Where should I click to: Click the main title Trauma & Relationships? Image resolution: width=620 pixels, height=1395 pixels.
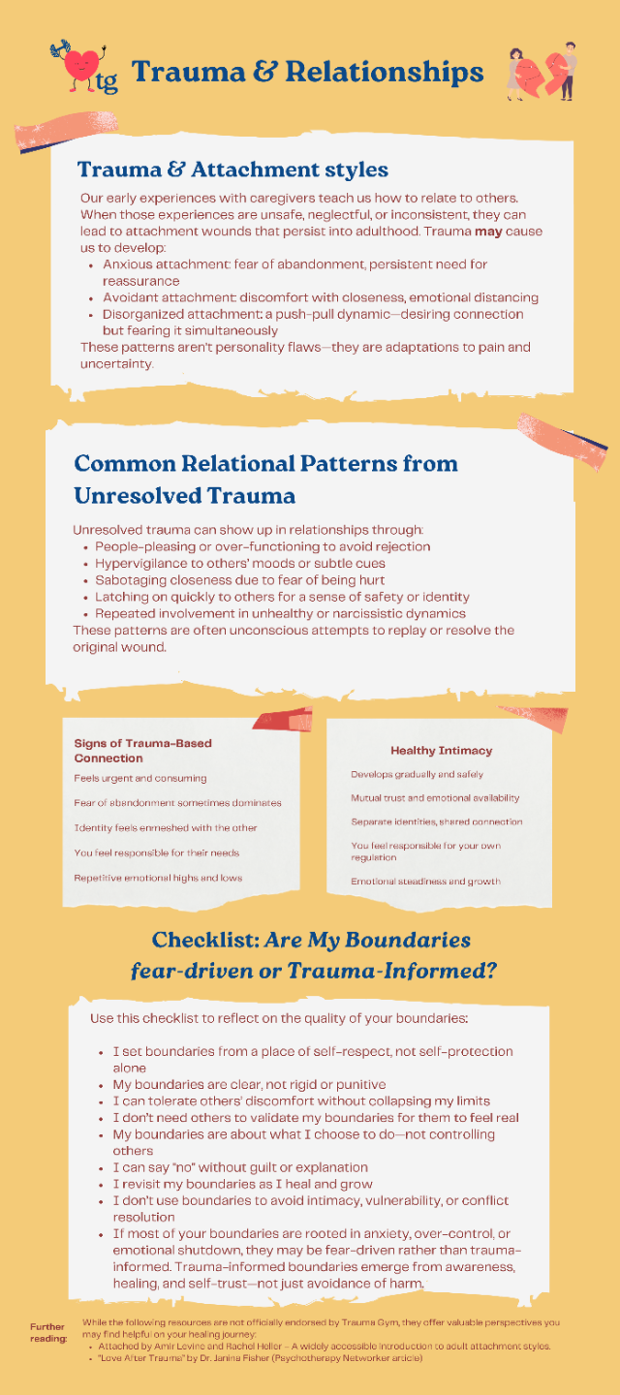coord(307,72)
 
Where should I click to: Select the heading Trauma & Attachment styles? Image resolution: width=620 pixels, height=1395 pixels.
coord(232,170)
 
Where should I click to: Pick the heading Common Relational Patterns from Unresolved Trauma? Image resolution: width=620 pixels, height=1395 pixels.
coord(265,479)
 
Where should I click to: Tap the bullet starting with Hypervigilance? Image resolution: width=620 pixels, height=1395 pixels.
coord(239,563)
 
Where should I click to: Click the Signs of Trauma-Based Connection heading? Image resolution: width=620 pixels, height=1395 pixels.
coord(142,750)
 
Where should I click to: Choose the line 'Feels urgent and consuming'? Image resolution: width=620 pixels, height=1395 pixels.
coord(139,778)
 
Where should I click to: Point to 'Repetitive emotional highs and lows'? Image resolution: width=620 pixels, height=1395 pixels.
coord(157,878)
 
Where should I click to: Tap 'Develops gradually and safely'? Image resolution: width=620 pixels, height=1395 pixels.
coord(417,774)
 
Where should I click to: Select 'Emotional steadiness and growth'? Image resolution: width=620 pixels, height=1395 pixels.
coord(425,881)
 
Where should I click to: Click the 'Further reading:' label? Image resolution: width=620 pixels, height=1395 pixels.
coord(47,1332)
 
